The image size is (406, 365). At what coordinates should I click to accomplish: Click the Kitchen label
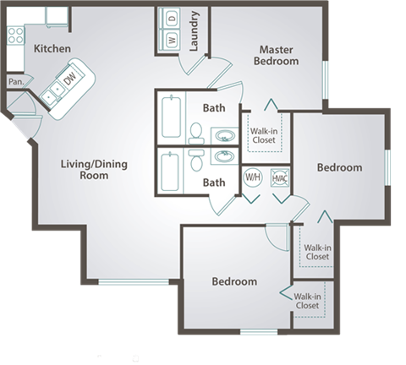(x=52, y=49)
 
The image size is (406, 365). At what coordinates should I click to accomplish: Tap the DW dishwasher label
(x=71, y=78)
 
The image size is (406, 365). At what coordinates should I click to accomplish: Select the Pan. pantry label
(x=14, y=82)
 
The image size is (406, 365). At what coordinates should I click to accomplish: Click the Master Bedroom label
(x=278, y=56)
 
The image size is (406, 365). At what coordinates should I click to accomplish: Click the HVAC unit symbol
(x=279, y=177)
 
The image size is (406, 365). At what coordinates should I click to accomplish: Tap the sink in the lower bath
(x=224, y=156)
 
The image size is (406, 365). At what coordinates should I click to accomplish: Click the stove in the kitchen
(x=14, y=35)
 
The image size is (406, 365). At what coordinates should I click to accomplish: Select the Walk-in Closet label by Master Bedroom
(x=265, y=135)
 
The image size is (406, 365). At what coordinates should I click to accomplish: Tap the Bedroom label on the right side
(x=339, y=168)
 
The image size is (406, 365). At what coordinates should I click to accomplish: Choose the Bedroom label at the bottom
(x=234, y=281)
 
